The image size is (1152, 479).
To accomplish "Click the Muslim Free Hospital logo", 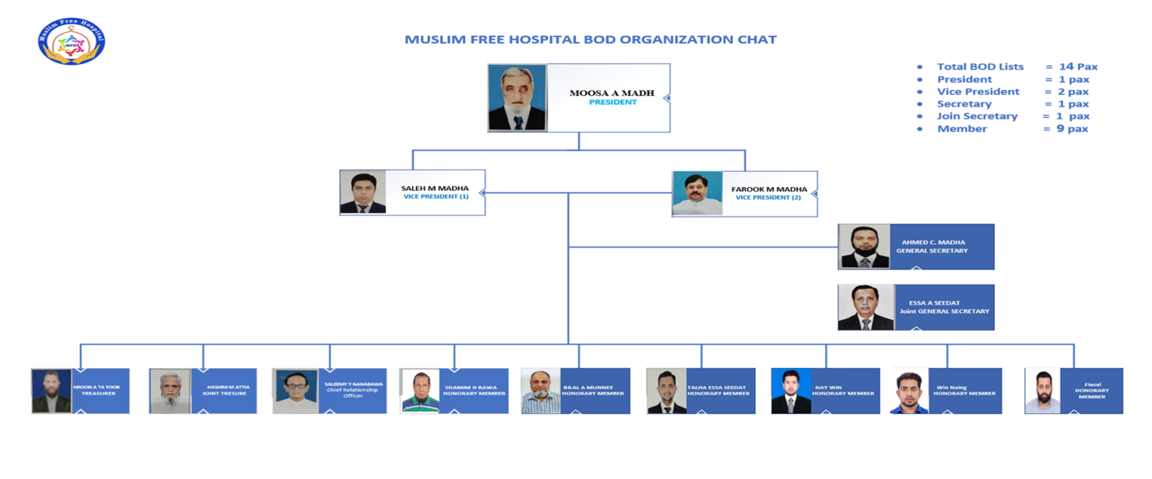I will [x=71, y=42].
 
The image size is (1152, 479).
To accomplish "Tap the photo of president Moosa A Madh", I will [x=517, y=98].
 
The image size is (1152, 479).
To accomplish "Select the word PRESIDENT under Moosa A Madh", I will [x=613, y=102].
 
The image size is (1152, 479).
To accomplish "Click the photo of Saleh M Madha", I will [x=363, y=192].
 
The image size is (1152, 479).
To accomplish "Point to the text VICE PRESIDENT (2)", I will [x=768, y=197].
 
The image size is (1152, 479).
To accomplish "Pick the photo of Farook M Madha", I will [x=697, y=193].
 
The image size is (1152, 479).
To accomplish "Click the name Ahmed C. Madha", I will [x=933, y=242].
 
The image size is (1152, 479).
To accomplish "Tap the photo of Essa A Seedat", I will [x=865, y=308].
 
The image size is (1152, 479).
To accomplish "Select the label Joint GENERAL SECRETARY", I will [x=944, y=311].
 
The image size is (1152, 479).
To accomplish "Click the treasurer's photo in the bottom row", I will [x=52, y=391].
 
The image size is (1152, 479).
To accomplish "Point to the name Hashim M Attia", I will [x=228, y=387].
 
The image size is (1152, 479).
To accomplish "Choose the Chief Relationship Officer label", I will [x=352, y=393].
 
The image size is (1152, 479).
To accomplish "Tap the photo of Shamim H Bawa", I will [x=420, y=391].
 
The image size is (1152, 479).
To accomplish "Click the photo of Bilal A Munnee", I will [x=541, y=391].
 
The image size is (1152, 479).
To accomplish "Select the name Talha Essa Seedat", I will [x=717, y=387].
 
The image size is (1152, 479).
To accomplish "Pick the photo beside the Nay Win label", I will [x=791, y=391].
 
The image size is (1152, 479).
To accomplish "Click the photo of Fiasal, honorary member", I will [x=1042, y=391].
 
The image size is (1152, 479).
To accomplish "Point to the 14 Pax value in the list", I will [x=1078, y=67].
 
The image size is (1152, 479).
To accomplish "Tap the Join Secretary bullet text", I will [x=977, y=116].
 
